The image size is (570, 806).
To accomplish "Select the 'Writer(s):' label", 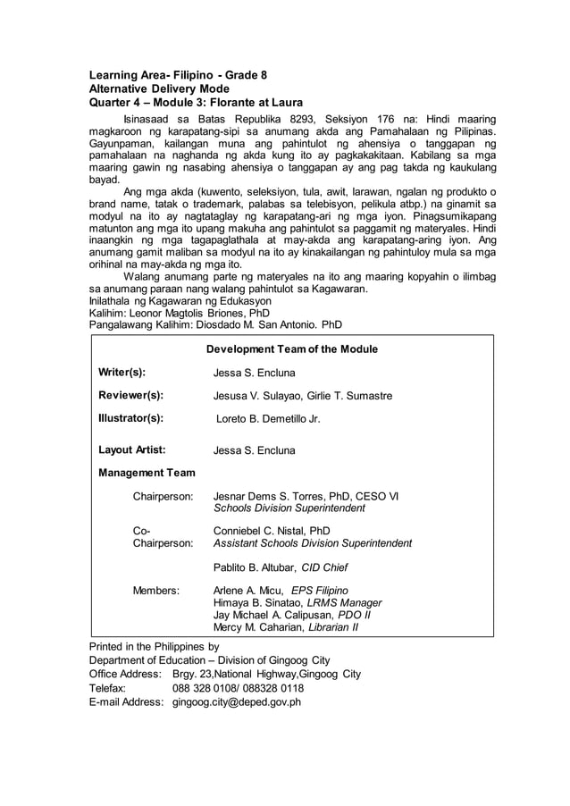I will click(x=122, y=373).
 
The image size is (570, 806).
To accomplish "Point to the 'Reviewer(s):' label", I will click(x=130, y=395).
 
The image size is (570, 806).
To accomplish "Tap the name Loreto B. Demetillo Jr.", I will click(x=268, y=418).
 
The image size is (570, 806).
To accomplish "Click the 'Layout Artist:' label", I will click(x=131, y=450).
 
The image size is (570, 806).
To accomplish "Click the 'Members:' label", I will click(x=156, y=590).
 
